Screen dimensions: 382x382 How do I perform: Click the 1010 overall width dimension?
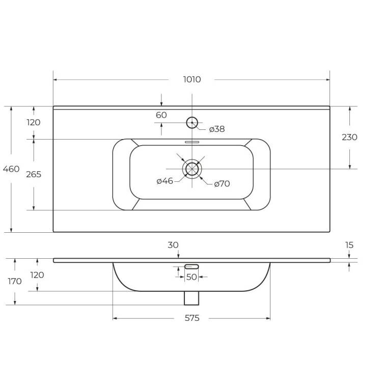(192, 79)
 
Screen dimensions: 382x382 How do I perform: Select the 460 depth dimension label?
(11, 169)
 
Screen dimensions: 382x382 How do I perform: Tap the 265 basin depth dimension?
(34, 174)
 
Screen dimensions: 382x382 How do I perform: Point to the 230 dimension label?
(349, 138)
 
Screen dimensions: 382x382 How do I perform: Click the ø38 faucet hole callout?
(217, 129)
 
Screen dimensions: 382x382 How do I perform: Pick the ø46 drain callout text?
(165, 181)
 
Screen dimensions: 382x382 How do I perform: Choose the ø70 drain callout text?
(222, 184)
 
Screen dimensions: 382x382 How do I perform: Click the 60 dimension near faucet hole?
(161, 115)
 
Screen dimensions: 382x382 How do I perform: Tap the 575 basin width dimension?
(192, 318)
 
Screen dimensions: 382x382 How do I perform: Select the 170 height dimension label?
(15, 281)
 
